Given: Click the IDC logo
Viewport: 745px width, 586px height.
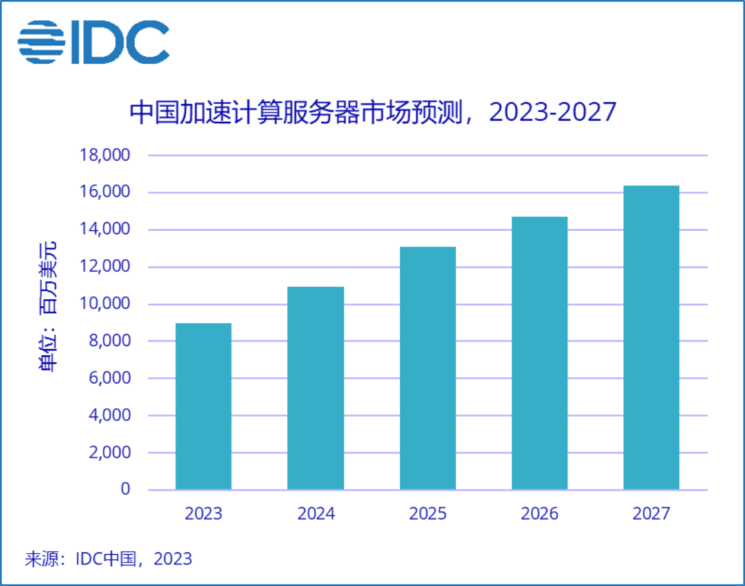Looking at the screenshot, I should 94,42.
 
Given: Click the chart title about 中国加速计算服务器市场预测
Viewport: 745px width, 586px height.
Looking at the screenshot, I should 372,112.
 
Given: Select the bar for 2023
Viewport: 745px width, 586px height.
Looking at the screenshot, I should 203,407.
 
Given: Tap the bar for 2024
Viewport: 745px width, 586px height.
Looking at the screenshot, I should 315,388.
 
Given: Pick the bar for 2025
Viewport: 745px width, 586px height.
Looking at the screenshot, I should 428,368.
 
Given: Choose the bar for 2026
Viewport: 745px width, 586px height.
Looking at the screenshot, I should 539,353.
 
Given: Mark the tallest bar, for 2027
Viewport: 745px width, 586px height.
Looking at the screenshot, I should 651,338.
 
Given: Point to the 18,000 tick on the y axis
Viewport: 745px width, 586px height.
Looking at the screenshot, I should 105,155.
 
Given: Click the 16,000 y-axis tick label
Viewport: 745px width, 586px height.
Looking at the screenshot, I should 105,193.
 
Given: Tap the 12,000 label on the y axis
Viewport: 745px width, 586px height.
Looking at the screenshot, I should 105,267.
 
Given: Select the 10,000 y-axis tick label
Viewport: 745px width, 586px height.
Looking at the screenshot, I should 105,304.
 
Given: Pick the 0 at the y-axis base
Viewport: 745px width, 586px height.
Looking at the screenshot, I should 125,489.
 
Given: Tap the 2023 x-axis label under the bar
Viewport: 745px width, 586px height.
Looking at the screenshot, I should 203,514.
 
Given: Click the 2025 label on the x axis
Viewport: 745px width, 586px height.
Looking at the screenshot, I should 428,514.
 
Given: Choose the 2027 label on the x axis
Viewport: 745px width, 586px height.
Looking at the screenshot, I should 651,514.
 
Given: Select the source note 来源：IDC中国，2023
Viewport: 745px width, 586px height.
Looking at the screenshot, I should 108,559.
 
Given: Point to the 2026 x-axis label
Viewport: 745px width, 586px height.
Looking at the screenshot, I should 539,514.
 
